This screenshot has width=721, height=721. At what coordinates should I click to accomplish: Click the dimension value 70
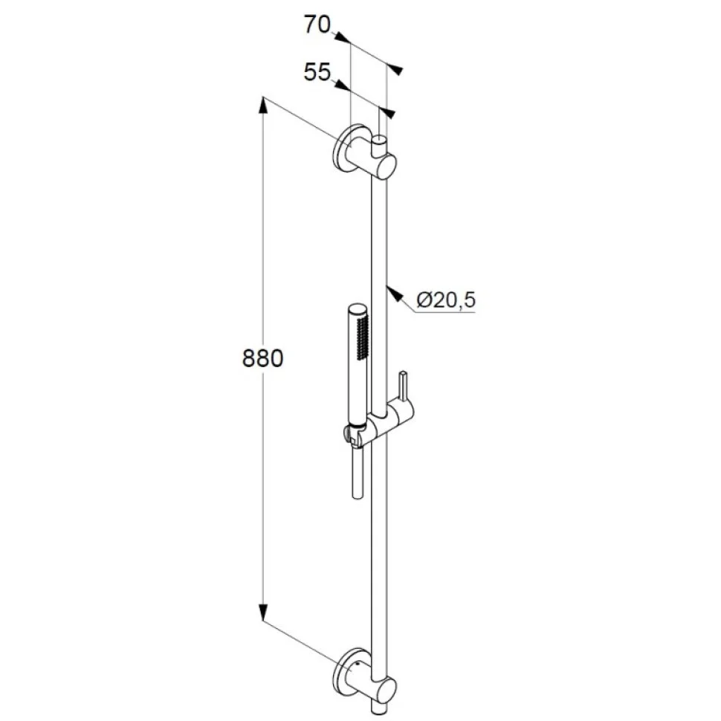point(317,25)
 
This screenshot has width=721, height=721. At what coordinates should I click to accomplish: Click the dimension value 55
point(317,72)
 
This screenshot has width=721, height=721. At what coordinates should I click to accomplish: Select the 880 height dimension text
point(262,359)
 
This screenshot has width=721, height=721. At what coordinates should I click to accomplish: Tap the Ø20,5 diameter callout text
point(446,301)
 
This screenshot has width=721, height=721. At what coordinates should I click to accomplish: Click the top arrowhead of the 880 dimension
point(262,105)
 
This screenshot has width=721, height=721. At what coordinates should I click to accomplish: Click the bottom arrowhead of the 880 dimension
point(262,612)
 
